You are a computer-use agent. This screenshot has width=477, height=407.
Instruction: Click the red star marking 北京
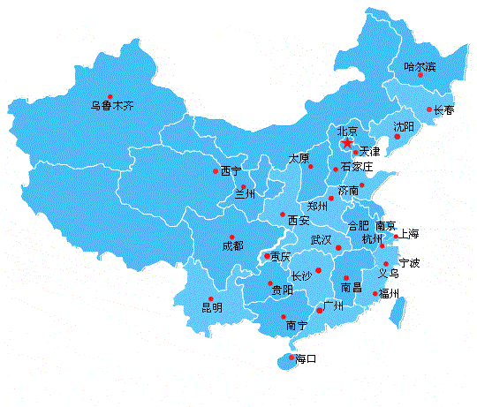(347, 143)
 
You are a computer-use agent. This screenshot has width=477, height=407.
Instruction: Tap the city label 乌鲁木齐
(112, 106)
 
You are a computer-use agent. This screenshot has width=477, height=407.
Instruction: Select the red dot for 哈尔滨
(420, 75)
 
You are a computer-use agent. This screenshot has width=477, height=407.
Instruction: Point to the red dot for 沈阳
(398, 137)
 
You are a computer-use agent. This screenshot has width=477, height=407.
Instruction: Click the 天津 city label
(370, 153)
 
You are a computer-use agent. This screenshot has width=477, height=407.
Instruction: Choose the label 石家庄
(357, 167)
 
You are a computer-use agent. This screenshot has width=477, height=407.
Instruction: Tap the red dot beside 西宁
(214, 171)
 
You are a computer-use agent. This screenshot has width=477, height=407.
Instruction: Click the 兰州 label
(244, 194)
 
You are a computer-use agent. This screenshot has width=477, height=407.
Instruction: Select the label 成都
(232, 246)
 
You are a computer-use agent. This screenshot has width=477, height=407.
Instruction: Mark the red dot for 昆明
(210, 298)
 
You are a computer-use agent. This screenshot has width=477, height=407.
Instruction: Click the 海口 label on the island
(306, 359)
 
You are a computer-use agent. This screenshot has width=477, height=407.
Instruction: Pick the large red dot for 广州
(320, 311)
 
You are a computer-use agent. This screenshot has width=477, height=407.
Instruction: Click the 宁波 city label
(409, 263)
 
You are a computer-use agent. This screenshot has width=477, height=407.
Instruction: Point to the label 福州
(390, 293)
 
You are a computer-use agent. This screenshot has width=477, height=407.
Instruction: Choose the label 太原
(299, 158)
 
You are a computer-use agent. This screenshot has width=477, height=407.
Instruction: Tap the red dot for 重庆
(268, 257)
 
